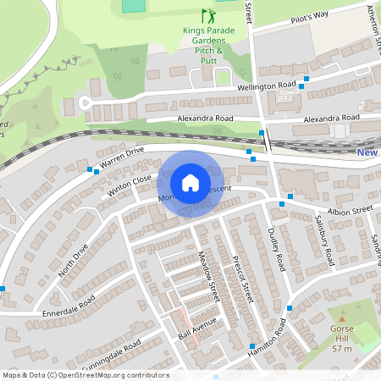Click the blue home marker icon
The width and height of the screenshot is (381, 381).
[x=190, y=183]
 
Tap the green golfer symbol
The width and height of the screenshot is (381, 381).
[x=207, y=16]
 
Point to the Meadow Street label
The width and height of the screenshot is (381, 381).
[x=208, y=274]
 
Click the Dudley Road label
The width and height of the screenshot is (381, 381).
[x=276, y=250]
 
